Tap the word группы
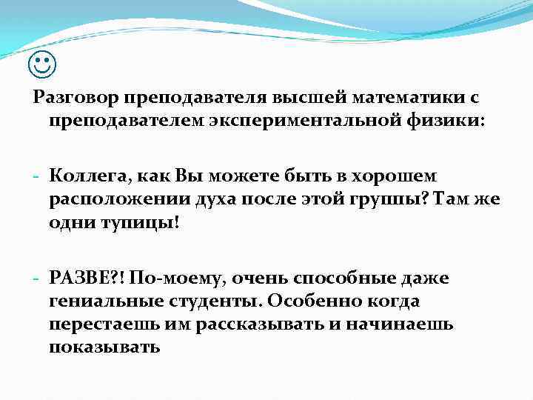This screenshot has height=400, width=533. coord(377,200)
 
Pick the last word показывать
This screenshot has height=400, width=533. coord(104,347)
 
